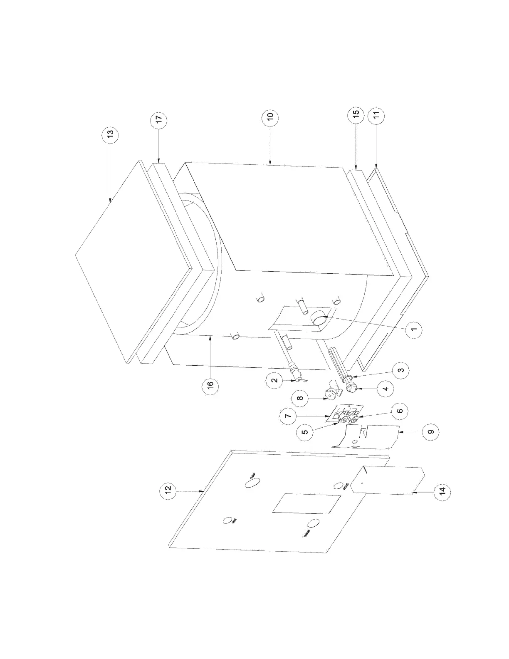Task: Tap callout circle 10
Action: [x=270, y=117]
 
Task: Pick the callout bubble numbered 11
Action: [x=376, y=116]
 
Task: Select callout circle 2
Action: [x=274, y=381]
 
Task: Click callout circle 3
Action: [x=401, y=370]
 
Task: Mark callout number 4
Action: [x=385, y=389]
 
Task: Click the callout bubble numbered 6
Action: [x=399, y=411]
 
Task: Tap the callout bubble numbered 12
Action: [x=168, y=491]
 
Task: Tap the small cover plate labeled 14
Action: [x=387, y=481]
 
